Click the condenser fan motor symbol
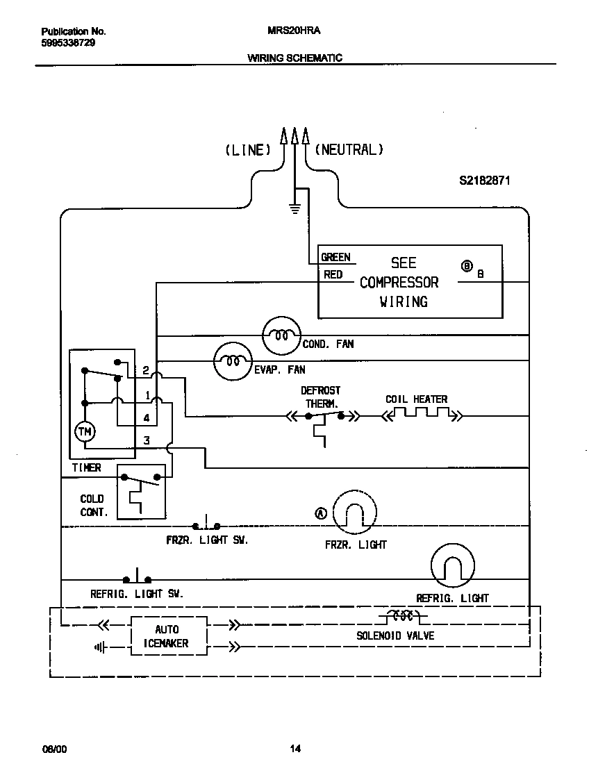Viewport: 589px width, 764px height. click(281, 335)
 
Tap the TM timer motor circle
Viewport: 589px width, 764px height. click(85, 432)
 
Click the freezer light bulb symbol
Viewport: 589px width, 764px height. click(354, 514)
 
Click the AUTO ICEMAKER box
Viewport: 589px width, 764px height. click(167, 636)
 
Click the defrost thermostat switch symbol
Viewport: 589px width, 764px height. click(324, 417)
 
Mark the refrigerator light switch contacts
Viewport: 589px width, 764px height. click(138, 578)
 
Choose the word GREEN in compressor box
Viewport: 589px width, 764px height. click(335, 257)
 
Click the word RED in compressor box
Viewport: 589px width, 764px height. click(333, 275)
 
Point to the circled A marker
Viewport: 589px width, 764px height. click(321, 513)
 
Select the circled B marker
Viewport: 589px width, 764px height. click(467, 266)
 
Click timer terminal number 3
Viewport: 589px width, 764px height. click(146, 440)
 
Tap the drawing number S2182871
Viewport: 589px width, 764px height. click(485, 181)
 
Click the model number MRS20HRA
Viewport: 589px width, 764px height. click(294, 31)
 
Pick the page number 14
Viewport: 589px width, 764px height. click(295, 748)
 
